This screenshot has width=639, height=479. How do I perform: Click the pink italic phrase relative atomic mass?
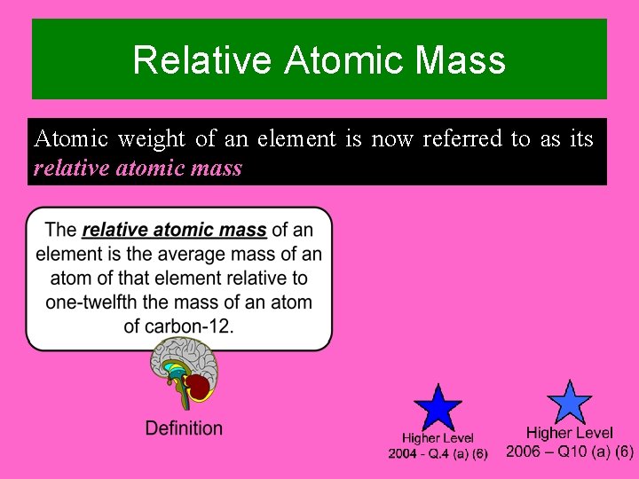(x=138, y=168)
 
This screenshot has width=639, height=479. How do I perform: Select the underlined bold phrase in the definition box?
(x=174, y=231)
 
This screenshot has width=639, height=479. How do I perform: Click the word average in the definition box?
(x=177, y=255)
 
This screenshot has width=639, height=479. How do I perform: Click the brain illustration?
(x=184, y=373)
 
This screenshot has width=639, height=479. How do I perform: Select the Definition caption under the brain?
(x=184, y=428)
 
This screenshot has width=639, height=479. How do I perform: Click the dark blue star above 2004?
(x=438, y=409)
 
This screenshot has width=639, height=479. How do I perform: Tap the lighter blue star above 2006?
(x=568, y=404)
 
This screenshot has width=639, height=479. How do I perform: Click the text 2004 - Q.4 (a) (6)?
(x=438, y=454)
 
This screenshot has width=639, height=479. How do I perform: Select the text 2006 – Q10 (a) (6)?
(x=570, y=452)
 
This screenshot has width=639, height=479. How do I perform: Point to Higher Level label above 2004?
(x=438, y=438)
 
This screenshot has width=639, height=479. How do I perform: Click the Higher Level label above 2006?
(x=570, y=433)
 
